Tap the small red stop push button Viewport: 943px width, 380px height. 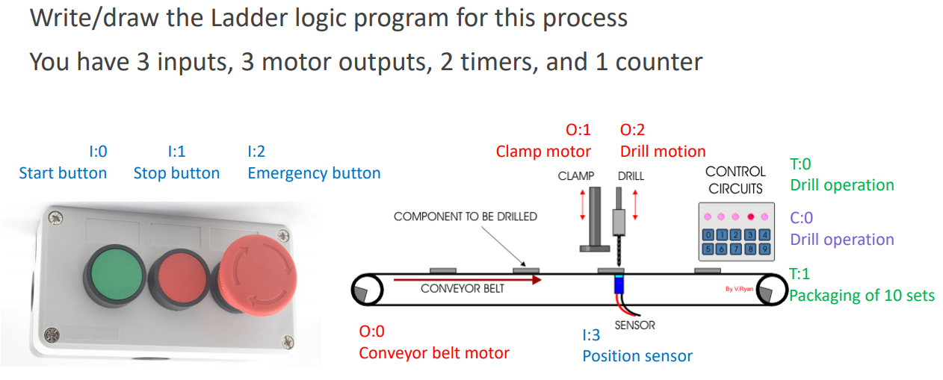point(179,276)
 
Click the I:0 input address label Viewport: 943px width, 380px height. point(98,152)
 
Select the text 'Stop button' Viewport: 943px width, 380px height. point(176,173)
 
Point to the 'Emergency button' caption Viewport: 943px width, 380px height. point(314,173)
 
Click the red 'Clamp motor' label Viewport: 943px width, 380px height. point(543,152)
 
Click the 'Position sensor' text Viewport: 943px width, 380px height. point(637,356)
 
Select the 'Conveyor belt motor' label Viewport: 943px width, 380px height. point(434,352)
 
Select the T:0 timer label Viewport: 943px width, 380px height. point(800,163)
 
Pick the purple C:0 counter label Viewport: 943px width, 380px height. point(802,218)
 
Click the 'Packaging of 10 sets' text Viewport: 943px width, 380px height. point(862,296)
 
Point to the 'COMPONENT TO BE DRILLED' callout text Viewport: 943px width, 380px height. point(465,217)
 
